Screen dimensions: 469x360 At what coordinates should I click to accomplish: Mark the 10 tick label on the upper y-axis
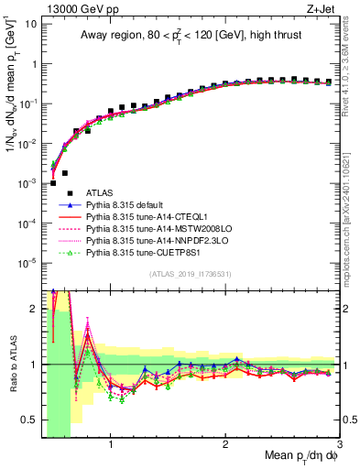[x=29, y=25]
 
